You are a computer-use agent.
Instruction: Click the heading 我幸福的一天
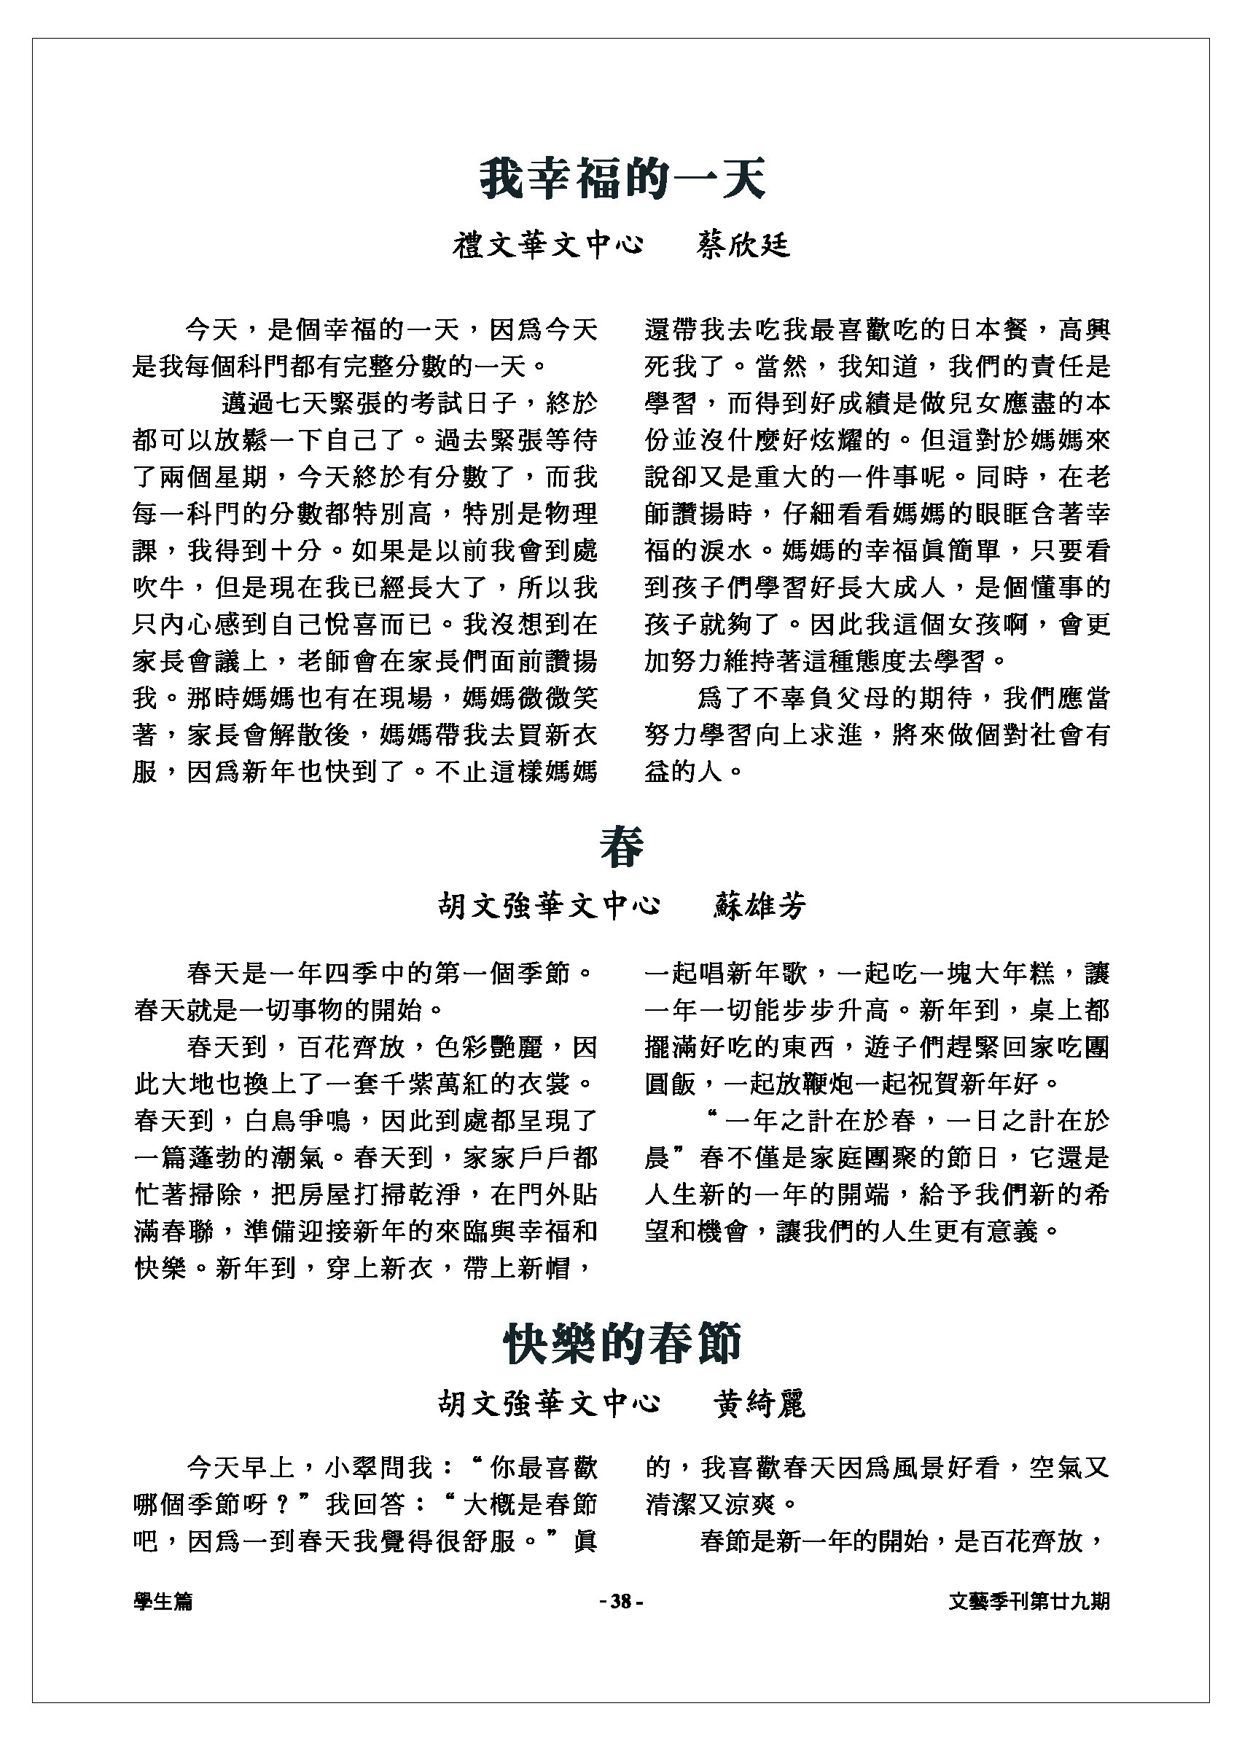pos(622,180)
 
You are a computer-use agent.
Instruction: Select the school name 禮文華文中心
pos(548,246)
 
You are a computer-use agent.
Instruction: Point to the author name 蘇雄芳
pos(759,906)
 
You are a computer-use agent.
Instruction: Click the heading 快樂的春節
pos(622,1344)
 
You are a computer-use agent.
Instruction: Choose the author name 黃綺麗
pos(759,1404)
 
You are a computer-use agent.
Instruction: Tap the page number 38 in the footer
pos(621,1602)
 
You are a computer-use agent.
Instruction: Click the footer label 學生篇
pos(163,1602)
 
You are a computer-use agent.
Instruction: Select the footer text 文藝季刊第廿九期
pos(1028,1602)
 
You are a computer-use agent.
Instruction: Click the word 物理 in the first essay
pos(571,515)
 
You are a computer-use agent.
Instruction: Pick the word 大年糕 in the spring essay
pos(1015,974)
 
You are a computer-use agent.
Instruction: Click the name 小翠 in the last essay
pos(351,1467)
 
